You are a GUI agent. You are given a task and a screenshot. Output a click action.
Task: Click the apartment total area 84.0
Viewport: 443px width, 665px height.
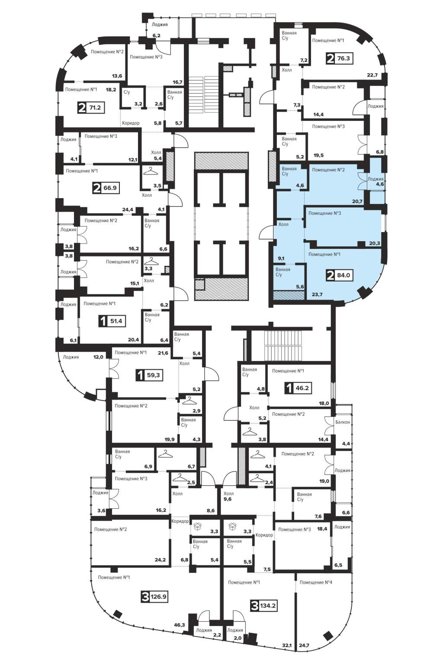click(x=343, y=275)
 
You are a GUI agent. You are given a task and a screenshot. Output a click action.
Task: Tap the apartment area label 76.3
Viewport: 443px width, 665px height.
click(x=343, y=58)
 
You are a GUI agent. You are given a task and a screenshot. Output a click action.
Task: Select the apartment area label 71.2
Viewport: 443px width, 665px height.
click(x=95, y=107)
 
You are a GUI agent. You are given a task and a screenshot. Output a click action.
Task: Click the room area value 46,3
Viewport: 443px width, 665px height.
click(x=180, y=625)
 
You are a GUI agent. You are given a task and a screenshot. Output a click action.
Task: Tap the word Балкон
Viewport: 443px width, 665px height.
click(x=343, y=422)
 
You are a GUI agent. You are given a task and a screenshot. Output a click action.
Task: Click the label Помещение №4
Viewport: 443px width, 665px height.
click(x=316, y=582)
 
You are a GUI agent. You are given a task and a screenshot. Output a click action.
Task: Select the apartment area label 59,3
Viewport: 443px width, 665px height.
click(x=154, y=375)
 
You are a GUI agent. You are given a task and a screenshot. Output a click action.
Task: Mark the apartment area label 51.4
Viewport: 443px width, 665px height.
click(x=116, y=321)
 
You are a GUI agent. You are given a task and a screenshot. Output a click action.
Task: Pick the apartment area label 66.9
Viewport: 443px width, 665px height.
click(x=110, y=188)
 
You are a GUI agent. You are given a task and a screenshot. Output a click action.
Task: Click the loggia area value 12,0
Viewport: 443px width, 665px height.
click(x=98, y=357)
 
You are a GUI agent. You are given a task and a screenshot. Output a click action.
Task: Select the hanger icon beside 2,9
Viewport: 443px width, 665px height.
click(x=190, y=401)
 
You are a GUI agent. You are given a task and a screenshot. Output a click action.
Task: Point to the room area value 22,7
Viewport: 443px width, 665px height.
click(x=372, y=75)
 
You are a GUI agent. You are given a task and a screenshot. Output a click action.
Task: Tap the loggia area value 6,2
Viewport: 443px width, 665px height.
click(x=156, y=36)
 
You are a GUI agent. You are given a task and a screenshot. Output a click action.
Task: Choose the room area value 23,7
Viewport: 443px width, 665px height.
click(x=317, y=294)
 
